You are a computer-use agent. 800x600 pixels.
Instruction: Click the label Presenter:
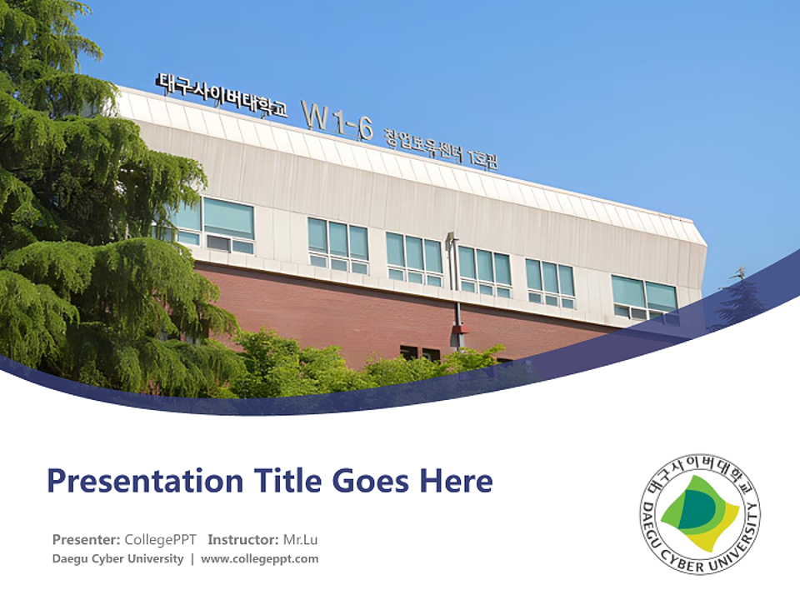[86, 539]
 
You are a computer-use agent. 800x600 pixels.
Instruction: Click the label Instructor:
[243, 539]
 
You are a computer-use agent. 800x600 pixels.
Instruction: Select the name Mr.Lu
[301, 539]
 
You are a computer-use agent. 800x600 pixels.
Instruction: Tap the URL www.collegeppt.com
[259, 558]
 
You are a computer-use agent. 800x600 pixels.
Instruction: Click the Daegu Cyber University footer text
[117, 558]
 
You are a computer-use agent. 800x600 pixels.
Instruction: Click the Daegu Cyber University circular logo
[700, 514]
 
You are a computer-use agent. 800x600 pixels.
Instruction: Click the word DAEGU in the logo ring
[654, 527]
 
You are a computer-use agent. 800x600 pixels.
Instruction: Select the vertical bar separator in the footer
[192, 558]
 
